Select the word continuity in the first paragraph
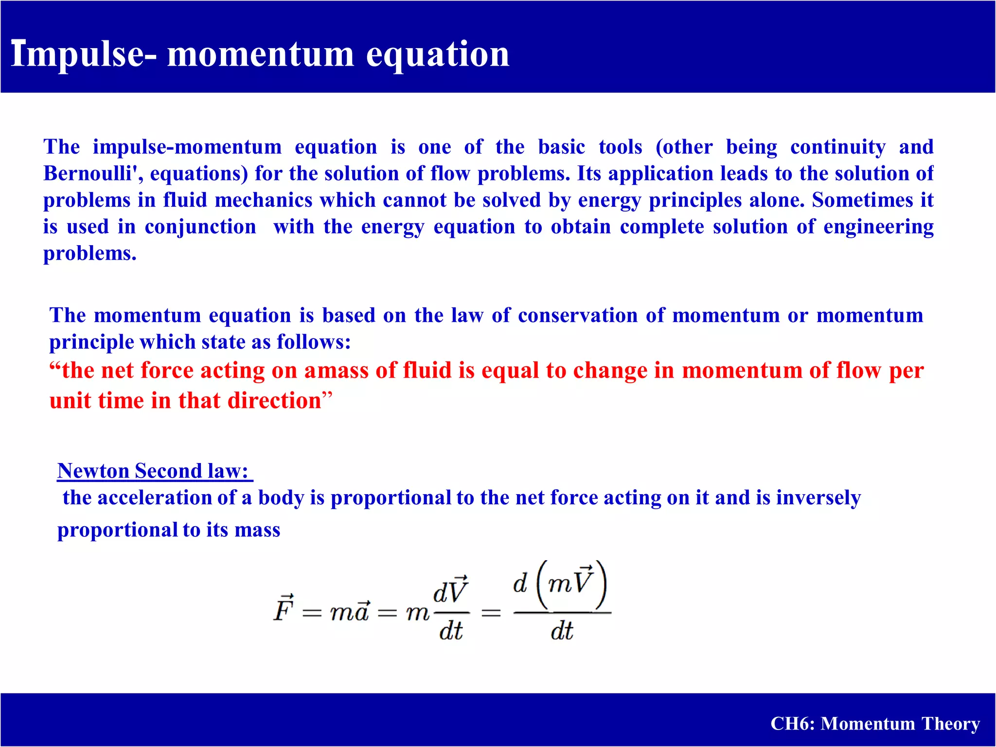pyautogui.click(x=837, y=147)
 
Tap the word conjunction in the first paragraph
pyautogui.click(x=200, y=227)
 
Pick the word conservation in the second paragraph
pyautogui.click(x=578, y=316)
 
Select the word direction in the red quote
pyautogui.click(x=274, y=401)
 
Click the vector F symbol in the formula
pyautogui.click(x=284, y=609)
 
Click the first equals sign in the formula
pyautogui.click(x=312, y=613)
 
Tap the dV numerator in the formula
pyautogui.click(x=450, y=591)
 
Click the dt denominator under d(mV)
pyautogui.click(x=562, y=631)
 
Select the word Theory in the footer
pyautogui.click(x=950, y=724)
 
